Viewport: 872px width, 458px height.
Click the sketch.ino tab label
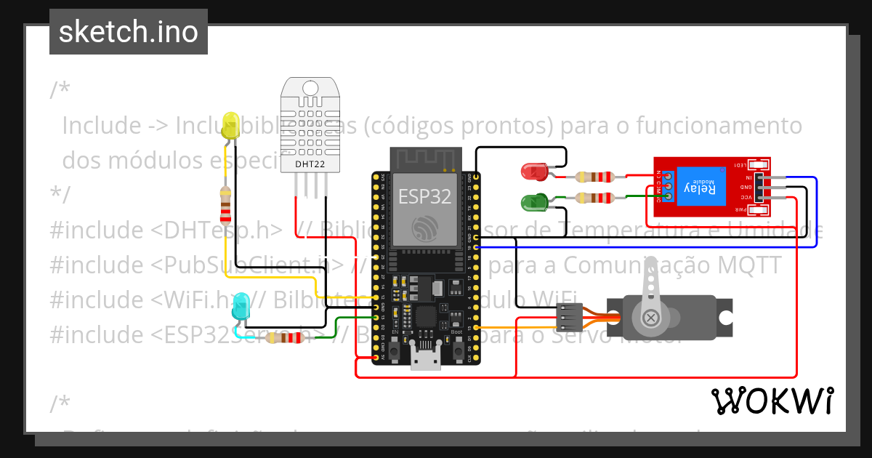128,32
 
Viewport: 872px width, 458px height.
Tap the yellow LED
231,126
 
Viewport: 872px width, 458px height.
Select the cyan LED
240,306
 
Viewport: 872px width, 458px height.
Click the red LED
536,172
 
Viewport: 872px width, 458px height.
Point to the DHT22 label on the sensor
310,164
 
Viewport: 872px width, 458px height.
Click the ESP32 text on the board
424,196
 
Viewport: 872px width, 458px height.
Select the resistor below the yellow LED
226,204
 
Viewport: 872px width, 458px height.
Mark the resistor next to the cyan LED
283,337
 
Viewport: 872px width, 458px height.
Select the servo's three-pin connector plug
568,316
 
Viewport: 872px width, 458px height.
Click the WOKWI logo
772,401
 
